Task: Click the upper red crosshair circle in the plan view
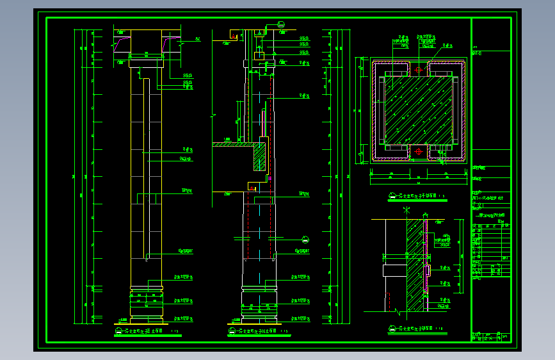click(417, 70)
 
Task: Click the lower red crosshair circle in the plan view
click(418, 151)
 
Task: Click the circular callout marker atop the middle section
click(282, 25)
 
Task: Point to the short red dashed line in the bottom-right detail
click(388, 301)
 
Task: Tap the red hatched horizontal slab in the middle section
click(234, 144)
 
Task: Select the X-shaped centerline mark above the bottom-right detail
click(406, 209)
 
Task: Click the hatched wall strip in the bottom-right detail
click(416, 256)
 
